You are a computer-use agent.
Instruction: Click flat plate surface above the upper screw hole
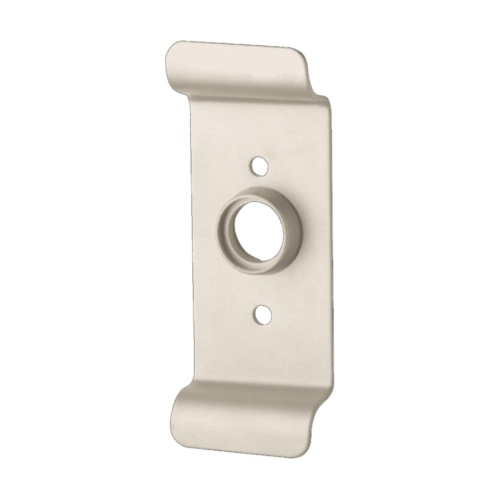pos(257,131)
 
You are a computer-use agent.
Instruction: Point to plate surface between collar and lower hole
pos(263,292)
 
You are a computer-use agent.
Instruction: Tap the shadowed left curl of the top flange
pos(173,79)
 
